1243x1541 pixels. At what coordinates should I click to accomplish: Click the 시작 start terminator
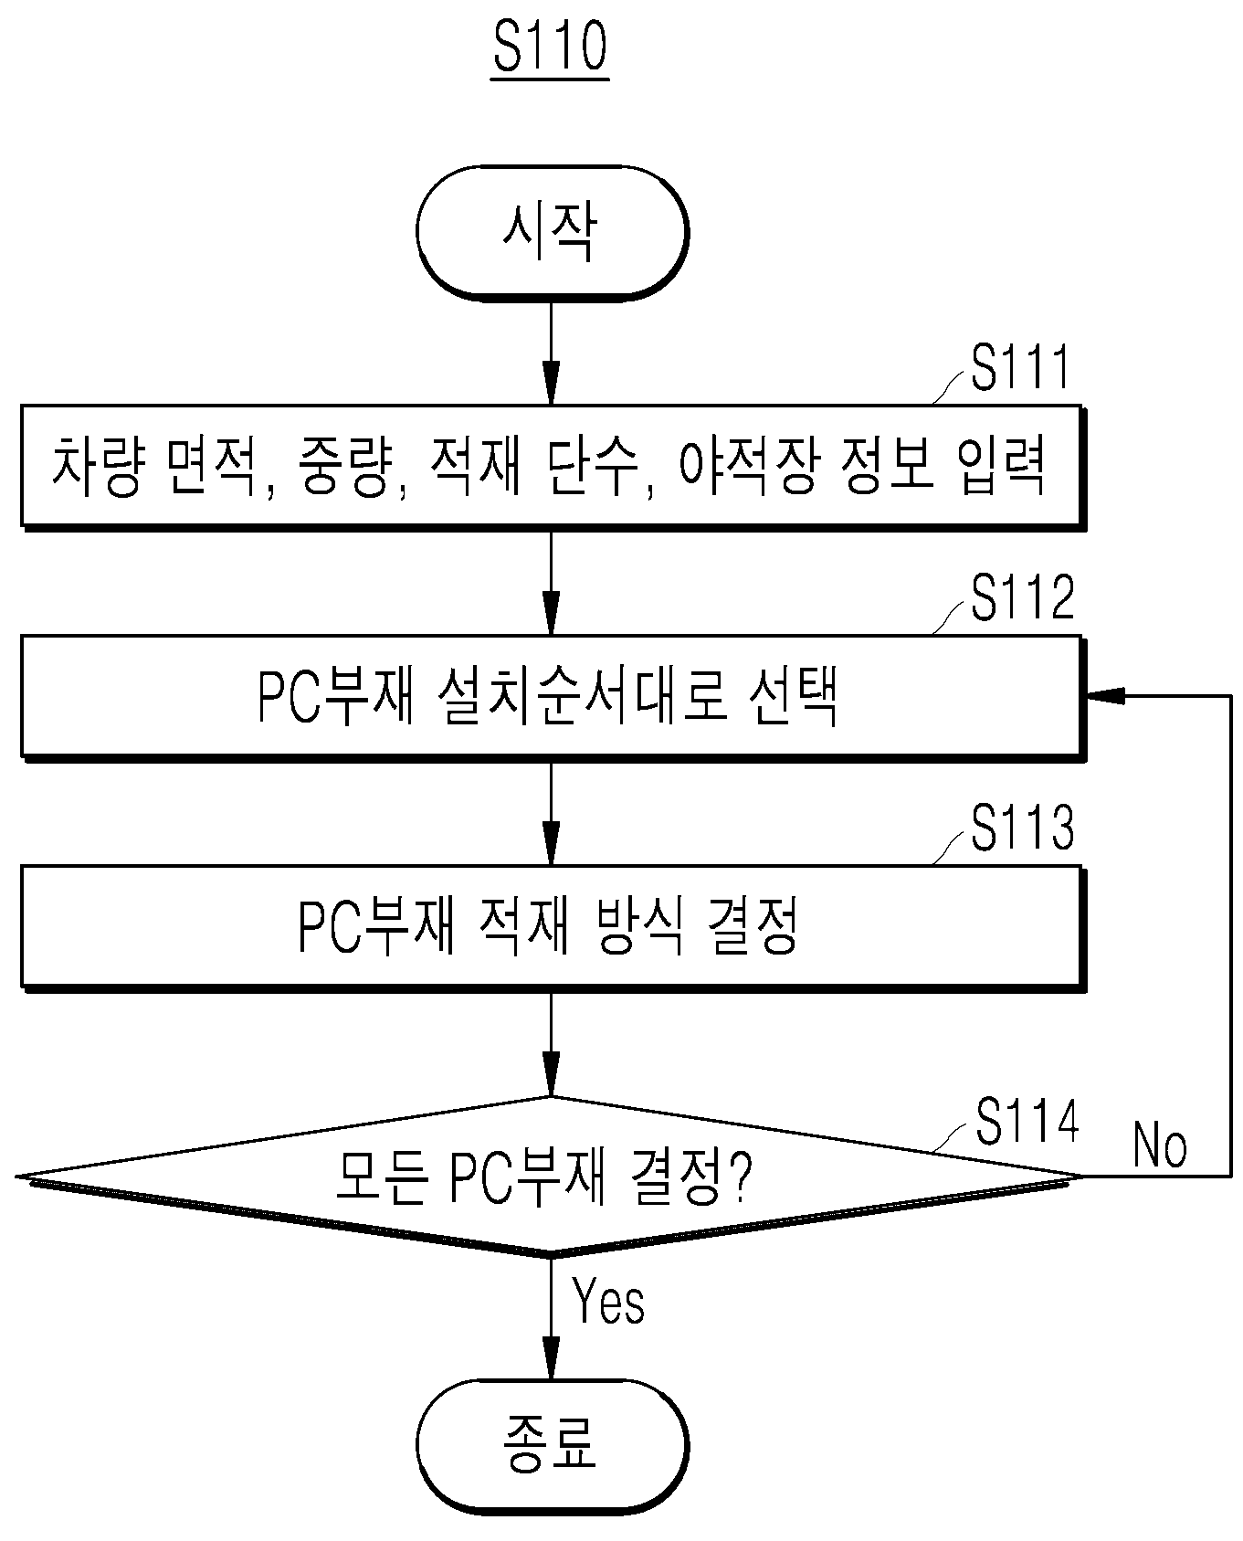(x=552, y=233)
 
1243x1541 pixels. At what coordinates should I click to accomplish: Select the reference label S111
(x=1020, y=370)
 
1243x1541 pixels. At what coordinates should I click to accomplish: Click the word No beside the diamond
(x=1160, y=1144)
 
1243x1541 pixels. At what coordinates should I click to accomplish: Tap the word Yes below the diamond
(x=608, y=1301)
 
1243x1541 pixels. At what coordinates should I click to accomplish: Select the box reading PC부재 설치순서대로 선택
(x=553, y=697)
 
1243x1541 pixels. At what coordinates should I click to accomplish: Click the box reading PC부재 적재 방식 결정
(x=553, y=927)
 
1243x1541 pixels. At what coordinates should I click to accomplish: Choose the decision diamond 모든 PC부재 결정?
(x=551, y=1177)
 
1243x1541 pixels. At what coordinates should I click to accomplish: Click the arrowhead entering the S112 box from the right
(x=1104, y=696)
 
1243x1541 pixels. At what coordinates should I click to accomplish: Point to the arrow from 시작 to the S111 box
(x=551, y=353)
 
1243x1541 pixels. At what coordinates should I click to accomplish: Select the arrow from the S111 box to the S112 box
(x=551, y=582)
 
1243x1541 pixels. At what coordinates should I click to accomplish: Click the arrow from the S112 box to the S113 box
(x=551, y=812)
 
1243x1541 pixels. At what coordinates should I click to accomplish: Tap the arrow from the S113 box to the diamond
(x=551, y=1043)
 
